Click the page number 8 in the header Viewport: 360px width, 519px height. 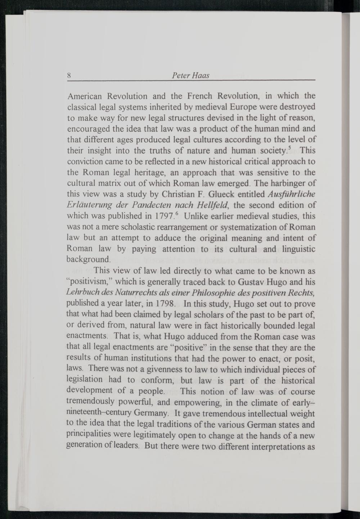(x=68, y=76)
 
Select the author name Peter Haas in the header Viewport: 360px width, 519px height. (x=191, y=76)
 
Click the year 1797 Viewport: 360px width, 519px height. (x=165, y=216)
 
